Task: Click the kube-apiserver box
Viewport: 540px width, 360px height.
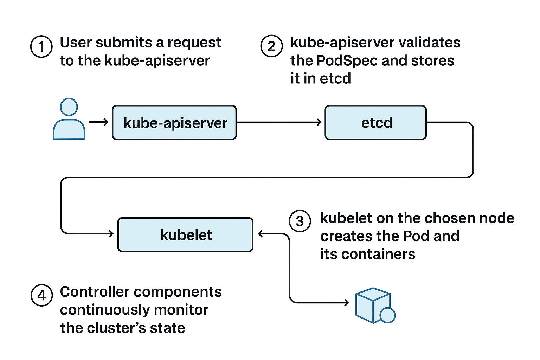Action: tap(174, 122)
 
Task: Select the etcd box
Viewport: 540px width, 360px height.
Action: tap(375, 122)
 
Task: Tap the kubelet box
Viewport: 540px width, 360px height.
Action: tap(185, 234)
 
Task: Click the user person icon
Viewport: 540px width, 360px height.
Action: tap(69, 120)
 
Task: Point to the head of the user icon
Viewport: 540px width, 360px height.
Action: tap(69, 107)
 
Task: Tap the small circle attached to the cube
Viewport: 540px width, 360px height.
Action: tap(388, 315)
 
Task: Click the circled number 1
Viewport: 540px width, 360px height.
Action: tap(41, 46)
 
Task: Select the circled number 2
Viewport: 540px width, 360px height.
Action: tap(271, 46)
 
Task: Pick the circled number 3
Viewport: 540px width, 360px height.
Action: tap(300, 221)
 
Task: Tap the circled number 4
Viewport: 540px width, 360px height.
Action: tap(41, 295)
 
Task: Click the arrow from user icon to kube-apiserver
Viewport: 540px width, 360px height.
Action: tap(99, 122)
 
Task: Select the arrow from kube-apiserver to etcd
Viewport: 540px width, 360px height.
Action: tap(279, 122)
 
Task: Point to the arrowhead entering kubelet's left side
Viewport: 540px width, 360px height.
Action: tap(111, 233)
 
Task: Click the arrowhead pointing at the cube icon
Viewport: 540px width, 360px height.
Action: tap(346, 302)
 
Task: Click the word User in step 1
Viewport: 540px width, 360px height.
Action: tap(75, 43)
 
